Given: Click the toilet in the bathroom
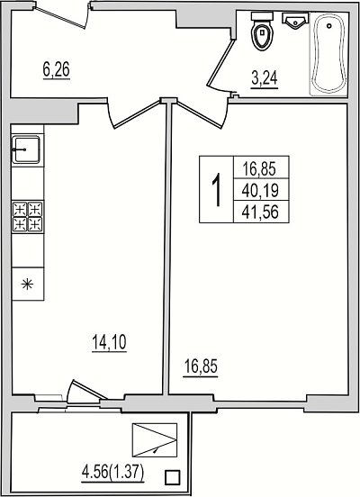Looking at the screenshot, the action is (x=262, y=31).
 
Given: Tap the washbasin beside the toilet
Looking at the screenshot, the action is (x=295, y=21).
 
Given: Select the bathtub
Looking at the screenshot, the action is (x=328, y=54).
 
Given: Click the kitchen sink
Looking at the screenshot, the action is (x=26, y=149).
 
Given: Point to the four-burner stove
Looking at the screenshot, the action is (x=28, y=216).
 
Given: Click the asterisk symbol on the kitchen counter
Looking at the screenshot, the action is (x=27, y=284).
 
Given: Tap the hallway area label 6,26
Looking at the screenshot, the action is (x=57, y=69).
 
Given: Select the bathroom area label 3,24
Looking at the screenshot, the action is (x=265, y=78).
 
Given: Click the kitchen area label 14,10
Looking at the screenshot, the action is (x=109, y=342).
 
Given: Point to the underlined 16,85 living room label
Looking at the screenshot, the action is (x=201, y=367).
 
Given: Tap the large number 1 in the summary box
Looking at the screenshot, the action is (x=217, y=190).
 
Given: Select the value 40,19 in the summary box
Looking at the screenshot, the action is (x=260, y=190).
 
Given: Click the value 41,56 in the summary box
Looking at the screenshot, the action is (x=260, y=212).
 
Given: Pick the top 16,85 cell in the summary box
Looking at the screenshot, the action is (x=259, y=168).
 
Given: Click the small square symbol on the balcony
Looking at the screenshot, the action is (x=173, y=477).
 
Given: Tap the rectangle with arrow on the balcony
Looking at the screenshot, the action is (x=155, y=440).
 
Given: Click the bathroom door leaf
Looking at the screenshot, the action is (x=220, y=63).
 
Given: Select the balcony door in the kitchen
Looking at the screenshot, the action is (x=87, y=389).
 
